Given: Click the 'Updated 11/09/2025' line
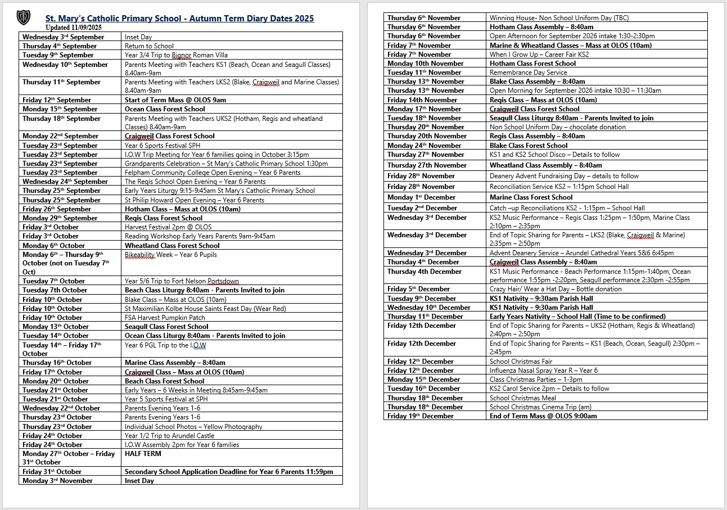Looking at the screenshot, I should coord(74,27).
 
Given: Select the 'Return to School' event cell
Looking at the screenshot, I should coord(149,46).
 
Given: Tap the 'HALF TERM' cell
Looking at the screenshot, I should coord(143,454).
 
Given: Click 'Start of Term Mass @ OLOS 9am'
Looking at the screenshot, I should coord(175,100).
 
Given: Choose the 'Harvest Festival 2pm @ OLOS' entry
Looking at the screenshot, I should coord(168,227).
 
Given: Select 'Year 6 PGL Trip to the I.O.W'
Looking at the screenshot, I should coord(165,345).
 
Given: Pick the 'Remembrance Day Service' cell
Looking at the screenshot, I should coord(528,73).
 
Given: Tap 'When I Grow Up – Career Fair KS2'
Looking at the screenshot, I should coord(539,55).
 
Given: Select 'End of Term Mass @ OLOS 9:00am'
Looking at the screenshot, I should coord(543,416).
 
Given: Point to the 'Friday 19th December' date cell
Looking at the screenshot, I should coord(420,416).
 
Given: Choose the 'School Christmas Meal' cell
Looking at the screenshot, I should coord(522,398).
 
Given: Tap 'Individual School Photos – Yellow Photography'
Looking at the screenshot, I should coord(193,427).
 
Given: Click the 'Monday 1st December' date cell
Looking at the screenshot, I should coord(421,197).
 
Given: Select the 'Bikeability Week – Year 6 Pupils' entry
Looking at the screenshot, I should coord(170,255).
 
